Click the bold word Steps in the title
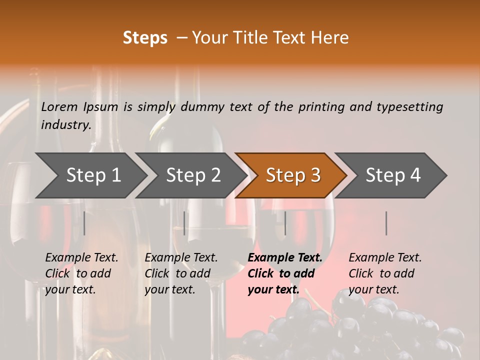pos(145,38)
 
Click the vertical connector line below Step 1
pos(84,223)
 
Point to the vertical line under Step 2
pos(184,223)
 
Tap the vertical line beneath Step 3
pos(285,223)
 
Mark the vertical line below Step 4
pos(386,223)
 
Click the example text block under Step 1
pos(81,273)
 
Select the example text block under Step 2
pos(180,273)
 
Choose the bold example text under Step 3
pos(284,273)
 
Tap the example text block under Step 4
pos(384,273)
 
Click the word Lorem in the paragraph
pos(59,106)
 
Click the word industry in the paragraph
pos(65,124)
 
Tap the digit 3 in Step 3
pos(315,175)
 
